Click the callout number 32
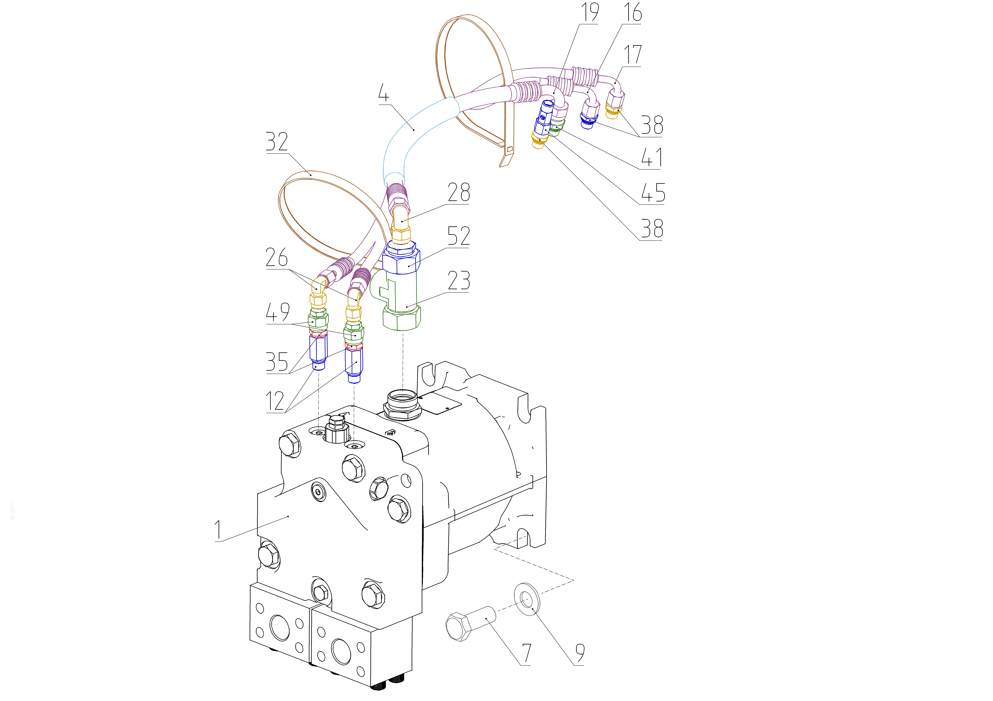click(x=277, y=141)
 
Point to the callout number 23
click(x=458, y=280)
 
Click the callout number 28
click(x=458, y=192)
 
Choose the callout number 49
click(x=277, y=312)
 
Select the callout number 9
click(x=580, y=653)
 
